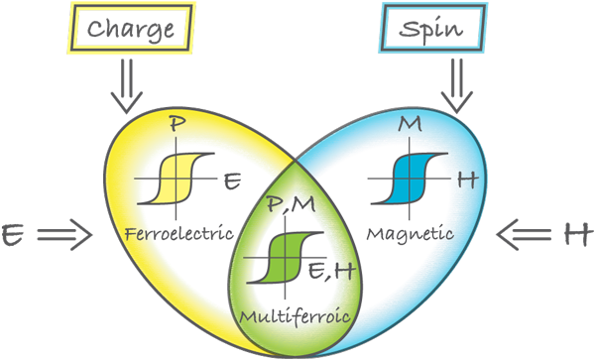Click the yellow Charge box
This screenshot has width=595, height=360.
pos(131,28)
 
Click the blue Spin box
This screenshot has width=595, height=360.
pos(433,28)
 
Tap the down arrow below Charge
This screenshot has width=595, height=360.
pos(127,85)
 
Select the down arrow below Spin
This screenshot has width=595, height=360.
pos(457,85)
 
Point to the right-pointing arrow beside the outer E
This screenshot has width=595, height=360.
pos(64,235)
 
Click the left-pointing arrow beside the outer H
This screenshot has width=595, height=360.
pos(524,235)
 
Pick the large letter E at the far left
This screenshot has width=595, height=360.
pos(13,234)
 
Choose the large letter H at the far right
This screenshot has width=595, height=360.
pos(577,234)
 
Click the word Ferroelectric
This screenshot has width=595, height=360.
pos(178,233)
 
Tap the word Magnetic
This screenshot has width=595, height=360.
pos(410,234)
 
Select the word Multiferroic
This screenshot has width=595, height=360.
pos(295,315)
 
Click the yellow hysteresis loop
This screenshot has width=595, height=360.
pos(177,179)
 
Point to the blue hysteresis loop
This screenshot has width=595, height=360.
pos(410,179)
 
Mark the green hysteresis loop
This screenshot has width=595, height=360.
pos(286,258)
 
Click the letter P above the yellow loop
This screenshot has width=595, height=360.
pos(177,124)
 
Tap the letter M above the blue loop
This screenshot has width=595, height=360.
pos(410,124)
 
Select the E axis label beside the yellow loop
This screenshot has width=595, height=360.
pos(232,180)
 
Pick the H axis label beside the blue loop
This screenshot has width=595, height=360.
pos(467,180)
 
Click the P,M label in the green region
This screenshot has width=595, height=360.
pos(291,204)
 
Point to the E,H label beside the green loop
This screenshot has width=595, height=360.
pos(331,271)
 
